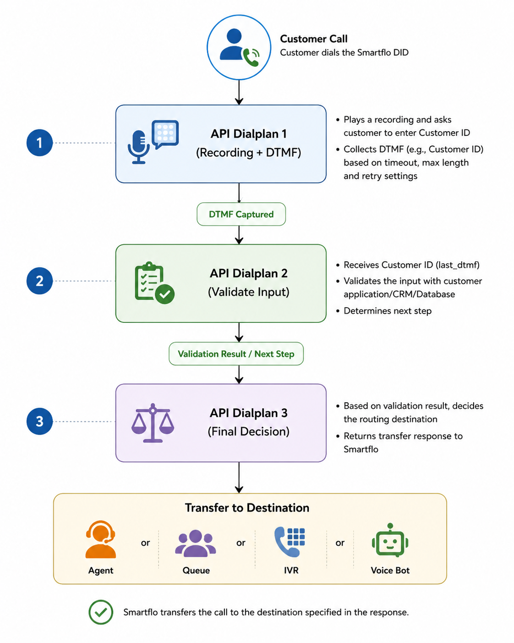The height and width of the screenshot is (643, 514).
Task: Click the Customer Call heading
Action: tap(314, 39)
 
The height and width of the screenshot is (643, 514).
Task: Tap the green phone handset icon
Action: tap(252, 57)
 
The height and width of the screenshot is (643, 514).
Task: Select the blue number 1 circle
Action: tap(39, 143)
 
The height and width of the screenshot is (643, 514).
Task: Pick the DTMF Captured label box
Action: tap(241, 214)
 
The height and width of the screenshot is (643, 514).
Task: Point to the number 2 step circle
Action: tap(39, 281)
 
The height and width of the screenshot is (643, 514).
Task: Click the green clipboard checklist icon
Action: tap(154, 283)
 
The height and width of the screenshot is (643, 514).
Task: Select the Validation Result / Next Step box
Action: tap(236, 354)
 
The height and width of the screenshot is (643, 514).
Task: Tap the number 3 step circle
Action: tap(39, 421)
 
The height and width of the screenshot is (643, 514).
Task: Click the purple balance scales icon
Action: tap(153, 423)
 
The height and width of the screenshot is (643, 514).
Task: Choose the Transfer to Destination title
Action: tap(247, 508)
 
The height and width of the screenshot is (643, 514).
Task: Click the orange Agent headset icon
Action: tap(101, 539)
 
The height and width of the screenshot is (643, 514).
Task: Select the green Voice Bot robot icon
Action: tap(390, 540)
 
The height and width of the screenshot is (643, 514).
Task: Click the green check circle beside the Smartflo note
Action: tap(101, 612)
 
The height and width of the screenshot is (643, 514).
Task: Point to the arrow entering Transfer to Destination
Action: tap(239, 477)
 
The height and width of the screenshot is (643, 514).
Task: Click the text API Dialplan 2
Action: tap(248, 273)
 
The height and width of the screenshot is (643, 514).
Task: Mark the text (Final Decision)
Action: tap(248, 432)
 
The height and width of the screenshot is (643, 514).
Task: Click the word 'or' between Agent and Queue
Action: tap(145, 543)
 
